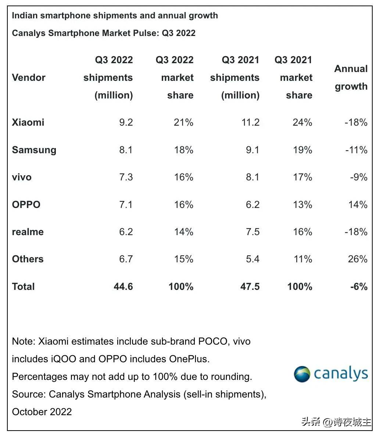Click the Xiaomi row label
28,122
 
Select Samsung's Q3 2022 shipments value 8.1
126,150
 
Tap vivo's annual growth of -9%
358,177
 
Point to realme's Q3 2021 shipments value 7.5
252,232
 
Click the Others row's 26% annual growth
358,259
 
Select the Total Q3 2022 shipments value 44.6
123,287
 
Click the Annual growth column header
351,78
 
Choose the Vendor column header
29,78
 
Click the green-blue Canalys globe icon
302,374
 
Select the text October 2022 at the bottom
42,412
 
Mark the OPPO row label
26,204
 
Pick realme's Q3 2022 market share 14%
183,232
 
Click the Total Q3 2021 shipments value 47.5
250,287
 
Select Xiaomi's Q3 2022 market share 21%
183,122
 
